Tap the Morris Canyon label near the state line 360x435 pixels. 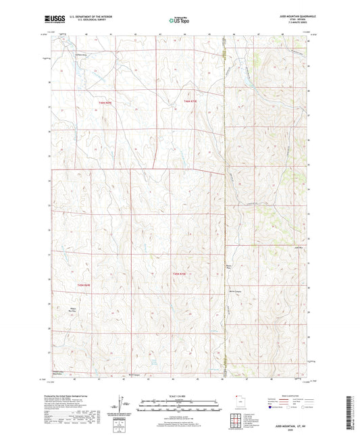[x=235, y=272]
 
